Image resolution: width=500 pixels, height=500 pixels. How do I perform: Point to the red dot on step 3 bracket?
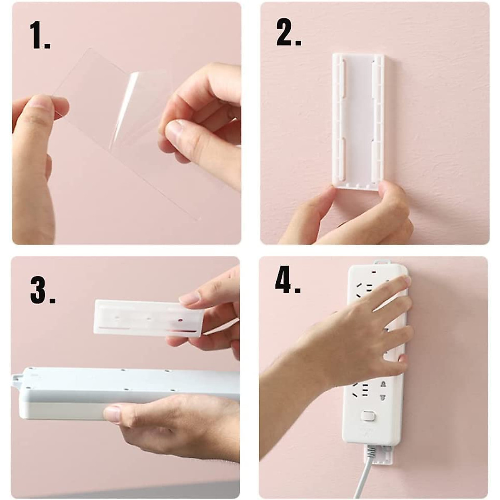tap(180, 320)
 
